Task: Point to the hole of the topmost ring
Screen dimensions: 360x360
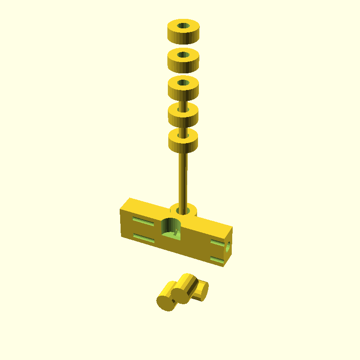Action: (x=183, y=26)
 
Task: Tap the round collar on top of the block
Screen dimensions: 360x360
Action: (x=184, y=210)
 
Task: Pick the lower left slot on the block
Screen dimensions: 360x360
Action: (x=144, y=238)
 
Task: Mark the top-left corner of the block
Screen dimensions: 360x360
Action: (x=130, y=198)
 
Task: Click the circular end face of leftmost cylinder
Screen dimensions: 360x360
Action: (x=164, y=303)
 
